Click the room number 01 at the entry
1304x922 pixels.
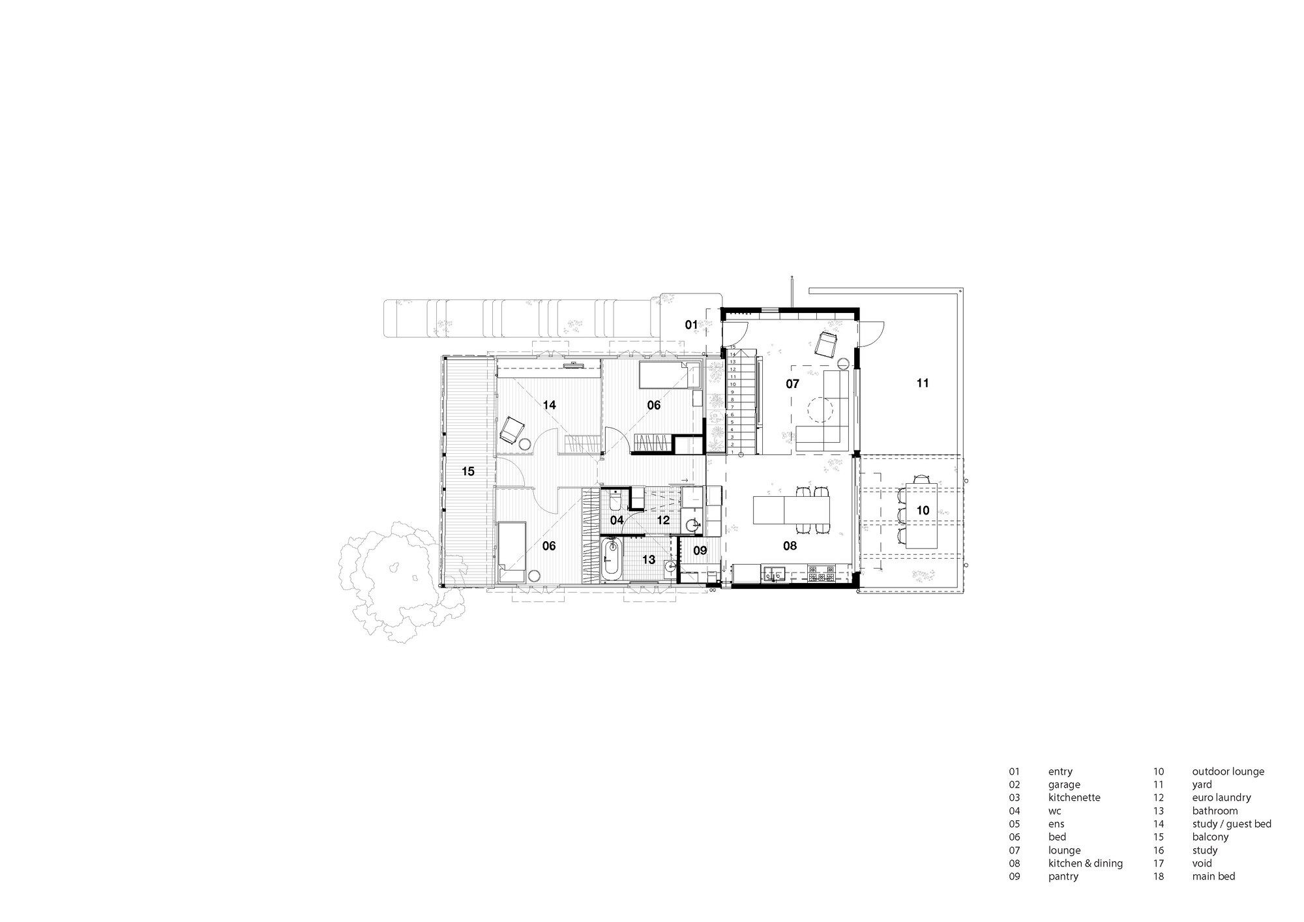691,324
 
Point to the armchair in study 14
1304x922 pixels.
512,429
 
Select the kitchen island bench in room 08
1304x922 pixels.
793,509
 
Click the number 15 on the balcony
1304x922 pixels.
467,471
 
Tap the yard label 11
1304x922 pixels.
922,383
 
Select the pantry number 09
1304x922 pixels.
700,550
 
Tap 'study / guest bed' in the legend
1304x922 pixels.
1232,824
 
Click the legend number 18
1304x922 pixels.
1158,876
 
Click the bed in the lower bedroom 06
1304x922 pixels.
512,552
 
